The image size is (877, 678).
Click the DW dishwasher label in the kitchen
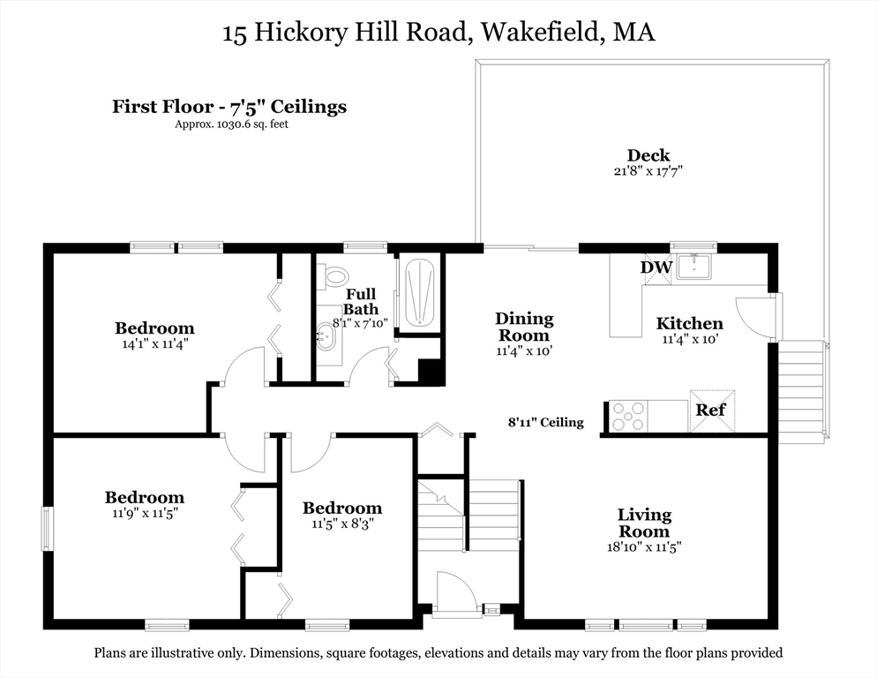(x=656, y=267)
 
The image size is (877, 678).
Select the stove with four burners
(x=628, y=416)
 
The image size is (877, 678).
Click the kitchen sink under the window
(x=704, y=266)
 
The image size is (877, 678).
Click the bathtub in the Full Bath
(x=419, y=291)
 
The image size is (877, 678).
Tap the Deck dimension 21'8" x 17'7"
(x=648, y=171)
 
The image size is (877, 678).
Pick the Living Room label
(x=644, y=523)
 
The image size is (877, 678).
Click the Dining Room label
(x=524, y=327)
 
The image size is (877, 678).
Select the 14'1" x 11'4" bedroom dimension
(x=154, y=344)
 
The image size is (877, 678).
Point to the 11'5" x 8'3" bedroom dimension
(x=342, y=524)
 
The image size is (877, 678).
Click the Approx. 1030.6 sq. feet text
(x=231, y=124)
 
